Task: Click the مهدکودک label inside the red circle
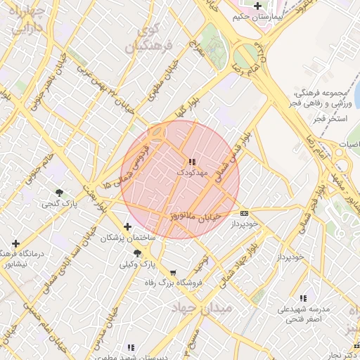(x=193, y=172)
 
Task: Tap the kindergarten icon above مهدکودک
(x=193, y=162)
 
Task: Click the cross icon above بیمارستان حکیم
(x=258, y=6)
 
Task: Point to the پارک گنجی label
(x=58, y=203)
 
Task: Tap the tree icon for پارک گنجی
(x=58, y=193)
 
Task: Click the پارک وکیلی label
(x=136, y=264)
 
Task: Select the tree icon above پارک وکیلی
(x=137, y=254)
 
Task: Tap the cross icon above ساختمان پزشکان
(x=127, y=226)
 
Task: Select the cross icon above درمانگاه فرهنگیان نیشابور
(x=15, y=243)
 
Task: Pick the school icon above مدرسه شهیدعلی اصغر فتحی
(x=303, y=299)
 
